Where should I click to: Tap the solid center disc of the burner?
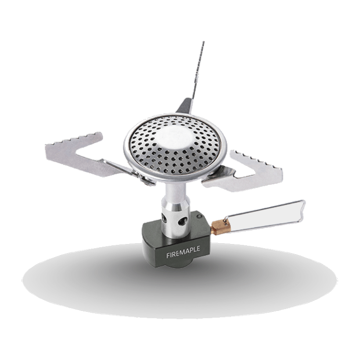click(x=175, y=140)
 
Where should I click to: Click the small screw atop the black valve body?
click(x=199, y=217)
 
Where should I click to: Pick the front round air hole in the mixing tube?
click(x=183, y=221)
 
